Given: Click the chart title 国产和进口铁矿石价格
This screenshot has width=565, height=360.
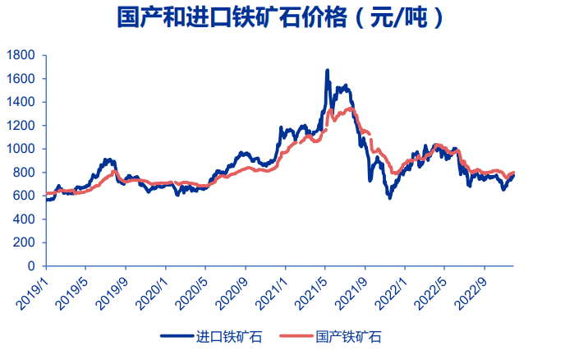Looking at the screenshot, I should point(282,18).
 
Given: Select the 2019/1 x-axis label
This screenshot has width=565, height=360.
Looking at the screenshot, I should point(33,288).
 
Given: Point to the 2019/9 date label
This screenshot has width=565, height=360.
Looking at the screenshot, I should point(113,288).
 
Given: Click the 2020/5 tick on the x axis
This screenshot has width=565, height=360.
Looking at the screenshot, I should point(192,288).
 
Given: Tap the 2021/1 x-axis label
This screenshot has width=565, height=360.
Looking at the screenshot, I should point(272,288).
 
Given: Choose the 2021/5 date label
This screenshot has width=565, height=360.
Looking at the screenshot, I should point(312,288).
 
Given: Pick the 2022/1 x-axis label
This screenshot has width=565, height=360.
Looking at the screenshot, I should point(392,288).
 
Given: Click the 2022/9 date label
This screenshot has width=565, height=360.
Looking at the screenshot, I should point(471,288).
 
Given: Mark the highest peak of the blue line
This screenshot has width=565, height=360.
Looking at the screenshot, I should point(328,71).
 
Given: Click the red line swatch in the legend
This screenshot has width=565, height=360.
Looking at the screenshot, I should point(296,337).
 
